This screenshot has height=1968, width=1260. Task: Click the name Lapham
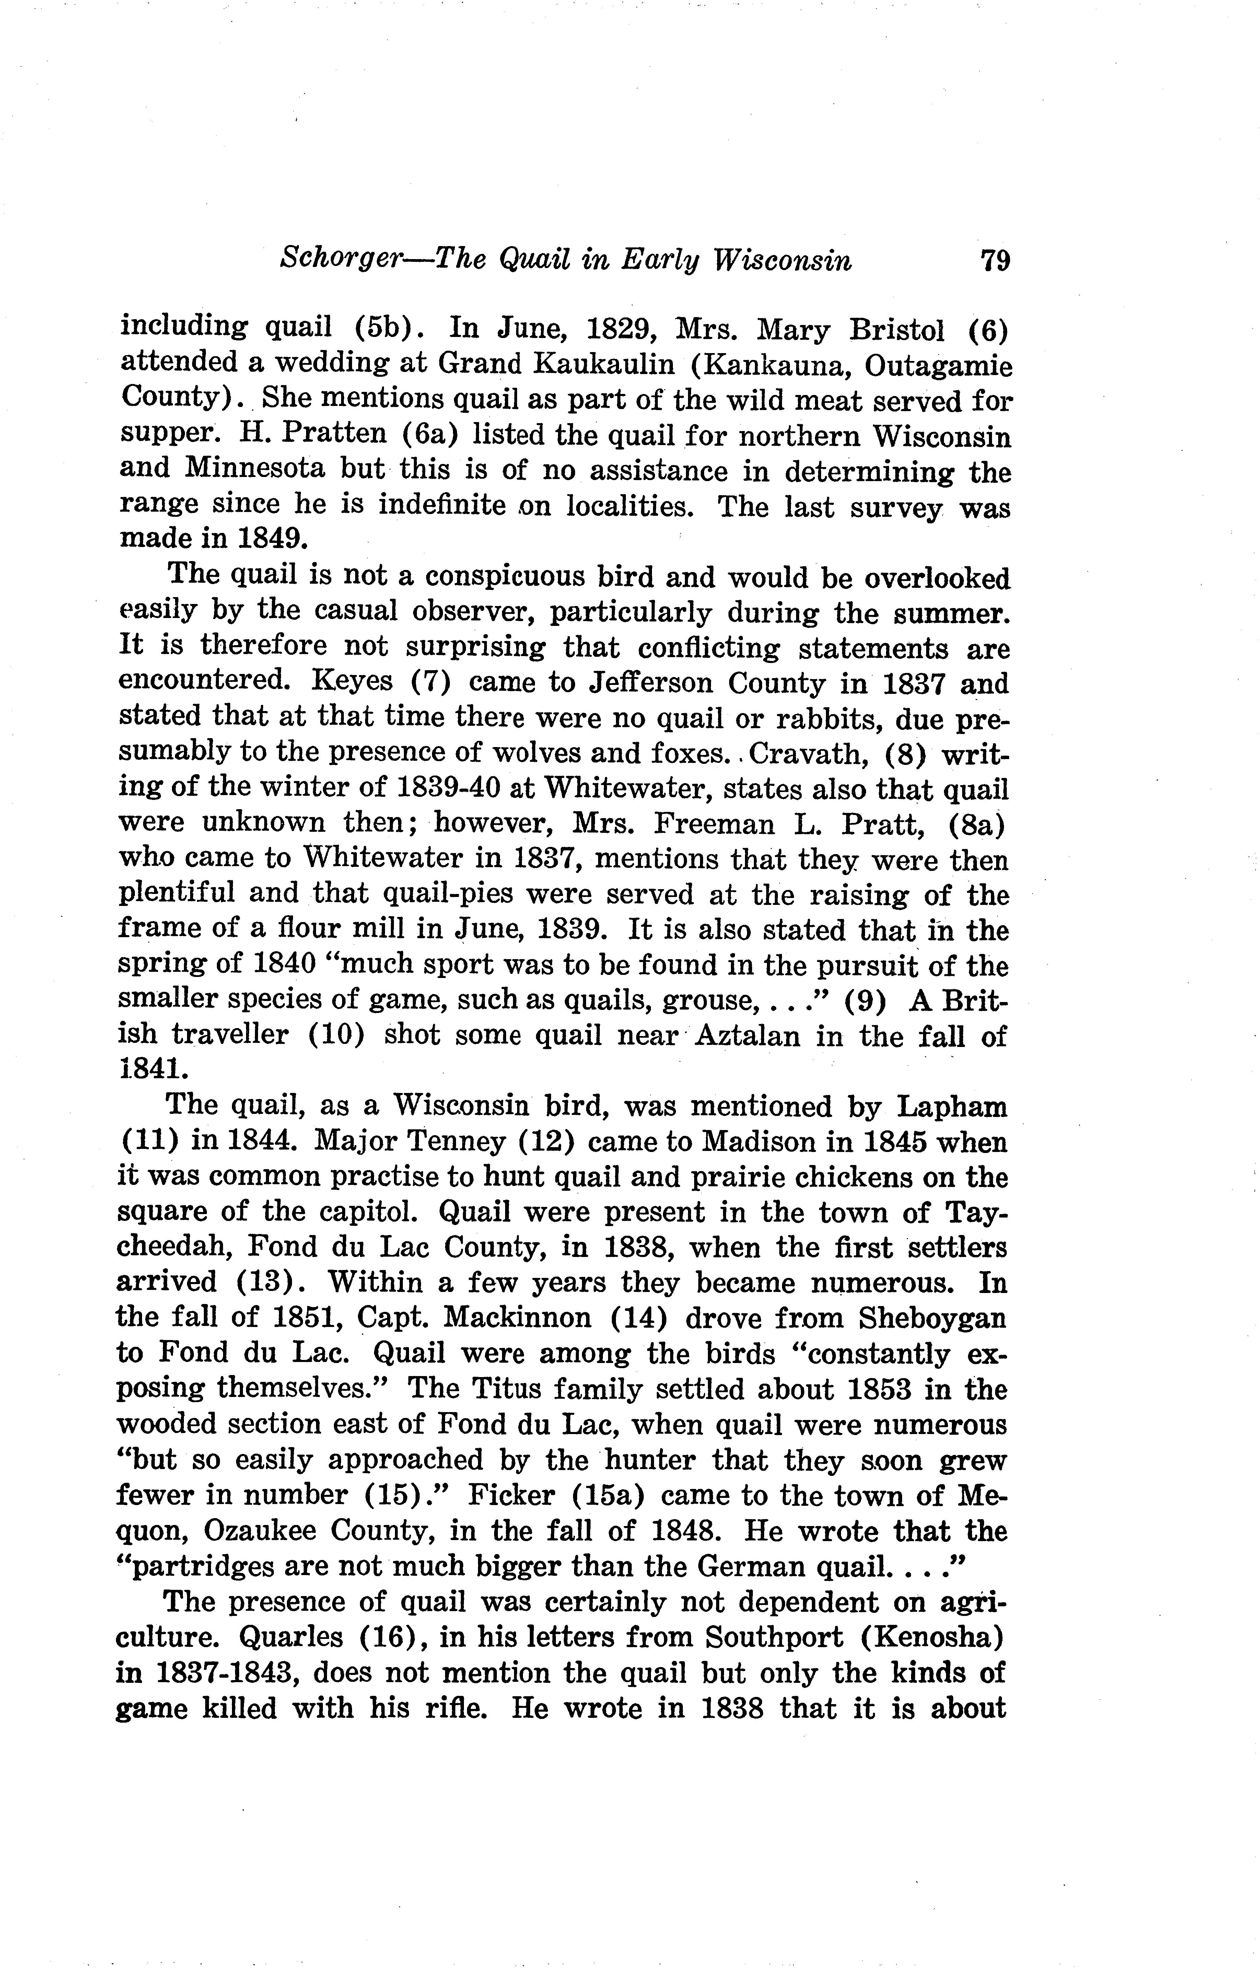pos(952,1107)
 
